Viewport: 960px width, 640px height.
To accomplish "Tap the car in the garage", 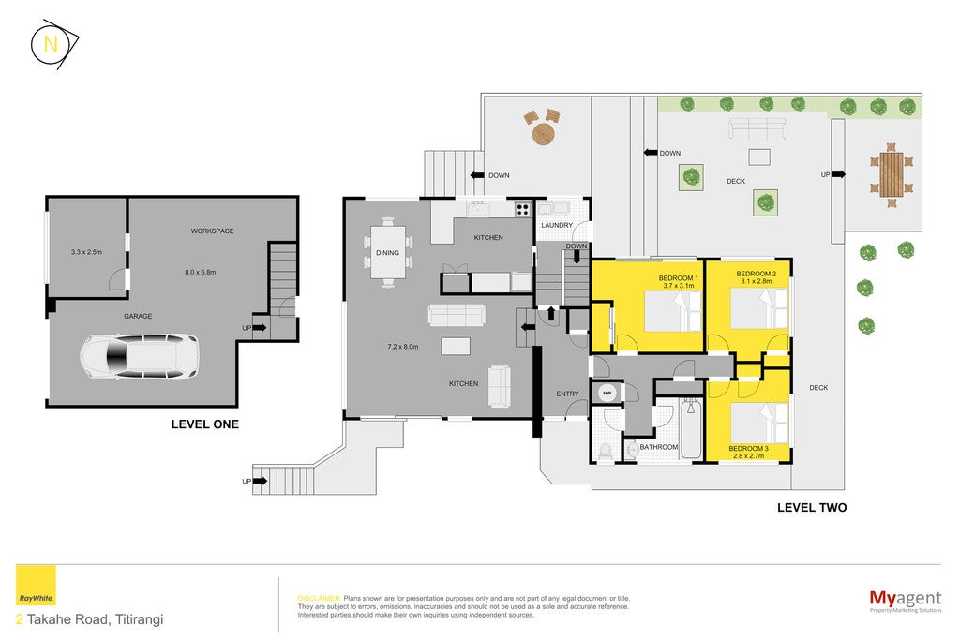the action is tap(140, 356).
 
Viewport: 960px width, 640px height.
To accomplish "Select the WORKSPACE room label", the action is tap(212, 231).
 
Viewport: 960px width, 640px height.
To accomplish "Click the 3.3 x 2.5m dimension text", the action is tap(86, 251).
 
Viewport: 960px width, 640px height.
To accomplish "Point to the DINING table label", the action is tap(387, 252).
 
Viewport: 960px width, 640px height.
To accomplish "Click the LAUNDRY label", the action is tap(557, 225).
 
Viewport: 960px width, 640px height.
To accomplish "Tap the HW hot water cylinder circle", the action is tap(607, 394).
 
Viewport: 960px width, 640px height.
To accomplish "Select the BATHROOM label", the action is tap(659, 447).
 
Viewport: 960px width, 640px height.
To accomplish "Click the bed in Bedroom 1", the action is tap(673, 311).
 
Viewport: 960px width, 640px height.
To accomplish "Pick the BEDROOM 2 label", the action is tap(757, 274).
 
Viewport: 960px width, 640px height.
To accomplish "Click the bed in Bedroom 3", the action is tap(759, 423).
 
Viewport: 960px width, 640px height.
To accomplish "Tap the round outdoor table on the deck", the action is tap(543, 133).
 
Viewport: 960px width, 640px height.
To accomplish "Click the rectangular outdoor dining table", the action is tap(892, 174).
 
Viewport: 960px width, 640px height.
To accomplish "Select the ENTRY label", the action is tap(567, 394).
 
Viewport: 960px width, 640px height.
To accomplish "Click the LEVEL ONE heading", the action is tap(205, 424).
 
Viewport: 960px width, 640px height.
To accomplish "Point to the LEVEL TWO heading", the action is tap(812, 507).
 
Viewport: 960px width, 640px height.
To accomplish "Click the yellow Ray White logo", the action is tap(36, 585).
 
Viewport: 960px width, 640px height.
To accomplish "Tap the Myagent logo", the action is tap(906, 600).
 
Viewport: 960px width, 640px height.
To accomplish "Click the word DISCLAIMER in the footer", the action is tap(319, 599).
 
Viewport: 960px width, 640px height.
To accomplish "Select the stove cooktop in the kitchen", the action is tap(522, 209).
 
